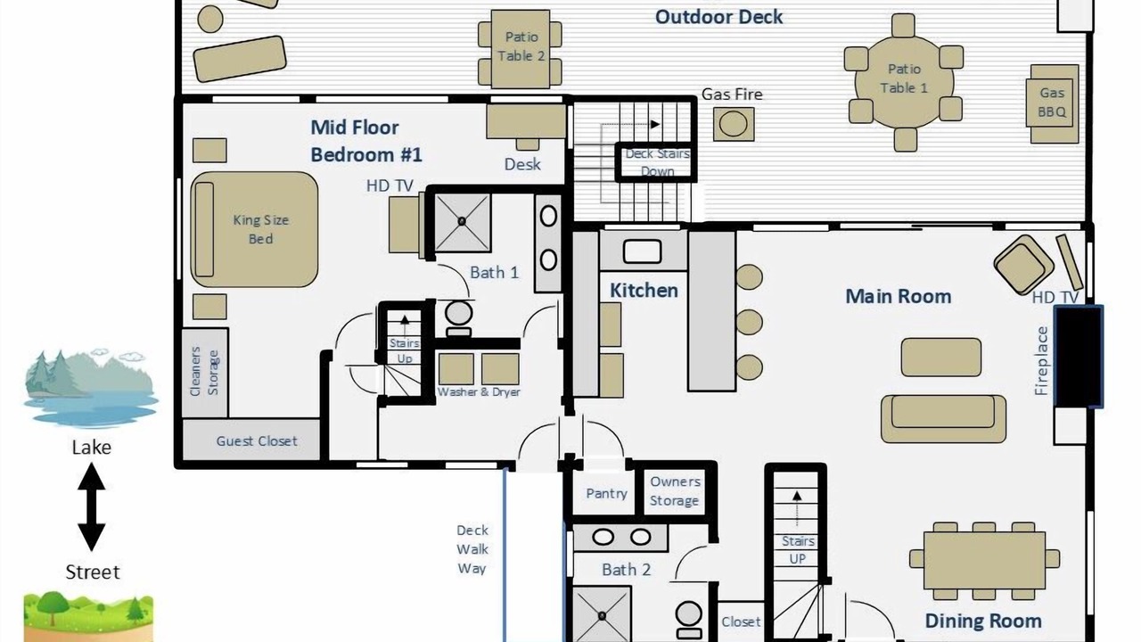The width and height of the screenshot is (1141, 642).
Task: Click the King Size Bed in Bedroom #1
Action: tap(254, 229)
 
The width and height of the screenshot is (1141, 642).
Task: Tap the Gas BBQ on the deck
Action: tap(1052, 103)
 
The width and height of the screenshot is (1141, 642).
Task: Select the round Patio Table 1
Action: tap(904, 78)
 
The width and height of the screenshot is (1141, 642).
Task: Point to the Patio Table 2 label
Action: tap(521, 46)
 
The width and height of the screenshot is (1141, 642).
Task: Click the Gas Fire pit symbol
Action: tap(733, 124)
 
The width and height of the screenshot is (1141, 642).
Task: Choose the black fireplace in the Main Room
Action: tap(1078, 356)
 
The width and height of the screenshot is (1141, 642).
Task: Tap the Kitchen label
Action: tap(644, 291)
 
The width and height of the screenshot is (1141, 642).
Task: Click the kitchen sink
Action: tap(643, 251)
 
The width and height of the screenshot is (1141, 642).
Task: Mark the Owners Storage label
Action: tap(675, 491)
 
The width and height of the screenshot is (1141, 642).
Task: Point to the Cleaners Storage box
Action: tap(204, 373)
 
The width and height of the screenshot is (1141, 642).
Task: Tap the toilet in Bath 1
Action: tap(458, 318)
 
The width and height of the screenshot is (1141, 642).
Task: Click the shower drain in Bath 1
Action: tap(462, 221)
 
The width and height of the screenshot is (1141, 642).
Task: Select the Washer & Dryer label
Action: tap(479, 391)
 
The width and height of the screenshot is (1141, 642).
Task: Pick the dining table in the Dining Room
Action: tap(984, 561)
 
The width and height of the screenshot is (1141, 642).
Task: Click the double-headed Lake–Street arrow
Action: tap(92, 506)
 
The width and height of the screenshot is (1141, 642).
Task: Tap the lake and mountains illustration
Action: tap(91, 388)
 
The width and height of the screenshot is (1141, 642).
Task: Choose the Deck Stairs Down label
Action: tap(657, 162)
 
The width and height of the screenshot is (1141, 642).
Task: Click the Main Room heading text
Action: tap(898, 296)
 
